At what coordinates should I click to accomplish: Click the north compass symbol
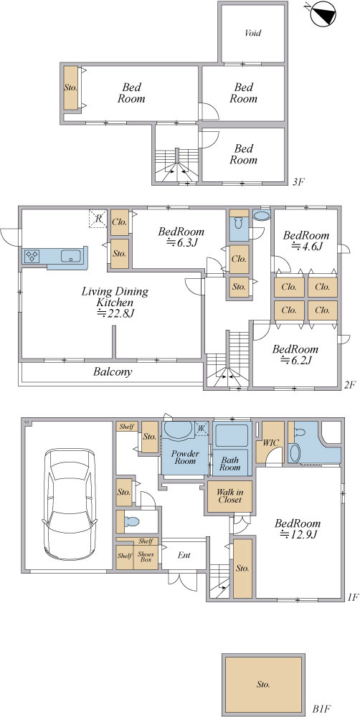click(x=323, y=13)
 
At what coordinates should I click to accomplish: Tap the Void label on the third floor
click(x=253, y=33)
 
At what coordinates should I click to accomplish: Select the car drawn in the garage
click(x=70, y=503)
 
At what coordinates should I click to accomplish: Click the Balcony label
click(x=113, y=371)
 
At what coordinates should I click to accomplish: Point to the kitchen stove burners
click(x=32, y=256)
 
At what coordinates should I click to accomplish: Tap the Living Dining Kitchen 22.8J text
click(x=115, y=303)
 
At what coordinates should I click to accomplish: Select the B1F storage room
click(x=263, y=685)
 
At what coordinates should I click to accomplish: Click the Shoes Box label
click(x=145, y=557)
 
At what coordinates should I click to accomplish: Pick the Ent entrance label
click(x=184, y=556)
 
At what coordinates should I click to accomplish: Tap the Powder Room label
click(x=185, y=457)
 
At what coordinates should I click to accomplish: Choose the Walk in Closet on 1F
click(x=229, y=496)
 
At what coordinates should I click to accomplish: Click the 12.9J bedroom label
click(x=298, y=529)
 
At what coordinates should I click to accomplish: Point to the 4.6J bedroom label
click(x=306, y=240)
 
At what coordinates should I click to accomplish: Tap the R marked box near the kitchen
click(x=98, y=218)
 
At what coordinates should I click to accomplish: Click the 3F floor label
click(x=298, y=182)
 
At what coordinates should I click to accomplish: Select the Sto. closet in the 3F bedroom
click(x=70, y=87)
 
